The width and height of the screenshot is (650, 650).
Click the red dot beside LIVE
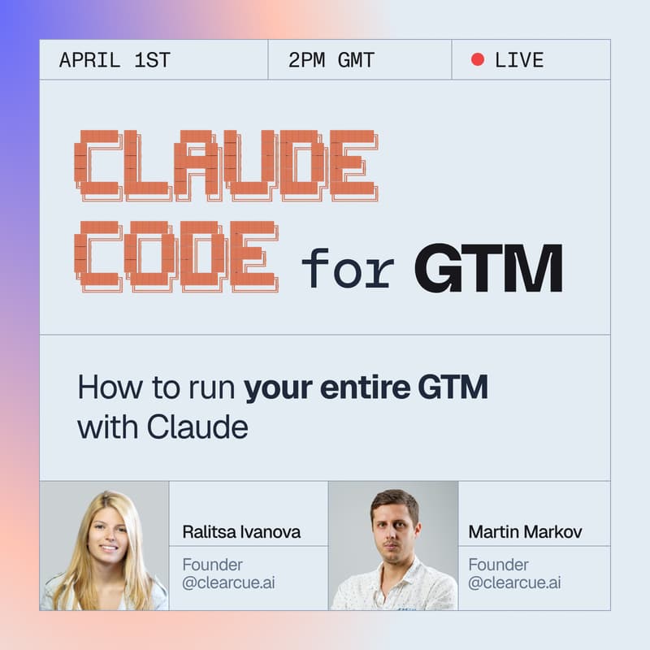(x=478, y=59)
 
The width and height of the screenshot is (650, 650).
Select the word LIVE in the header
(x=519, y=60)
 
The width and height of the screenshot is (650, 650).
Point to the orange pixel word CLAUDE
(x=226, y=165)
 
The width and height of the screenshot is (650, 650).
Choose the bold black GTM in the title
(x=488, y=268)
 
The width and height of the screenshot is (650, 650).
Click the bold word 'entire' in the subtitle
(x=364, y=388)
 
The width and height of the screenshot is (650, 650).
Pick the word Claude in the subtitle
(x=197, y=427)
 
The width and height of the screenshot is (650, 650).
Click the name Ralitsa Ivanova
(x=241, y=533)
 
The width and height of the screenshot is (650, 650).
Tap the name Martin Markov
(x=526, y=533)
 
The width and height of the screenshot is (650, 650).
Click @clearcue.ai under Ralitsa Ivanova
(x=228, y=583)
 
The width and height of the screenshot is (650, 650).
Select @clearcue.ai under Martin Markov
(x=514, y=583)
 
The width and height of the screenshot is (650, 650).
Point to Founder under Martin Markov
(x=498, y=565)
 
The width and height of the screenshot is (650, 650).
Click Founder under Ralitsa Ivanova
(x=212, y=565)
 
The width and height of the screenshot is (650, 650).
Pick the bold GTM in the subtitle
(x=453, y=388)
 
